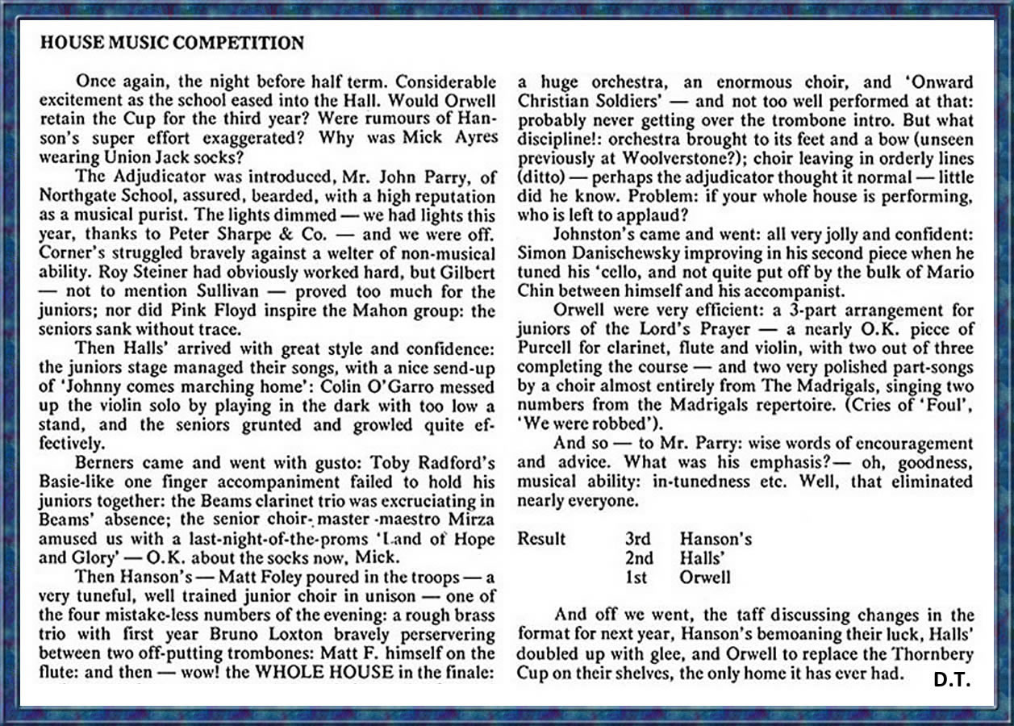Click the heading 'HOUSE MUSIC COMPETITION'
coord(172,43)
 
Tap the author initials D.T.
coord(952,680)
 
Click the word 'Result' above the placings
coord(541,538)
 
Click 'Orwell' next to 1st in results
coord(705,577)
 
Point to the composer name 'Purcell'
coord(546,348)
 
